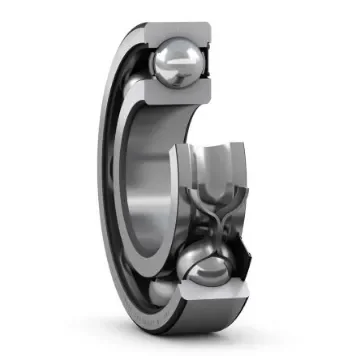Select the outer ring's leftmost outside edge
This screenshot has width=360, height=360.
pos(104,180)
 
